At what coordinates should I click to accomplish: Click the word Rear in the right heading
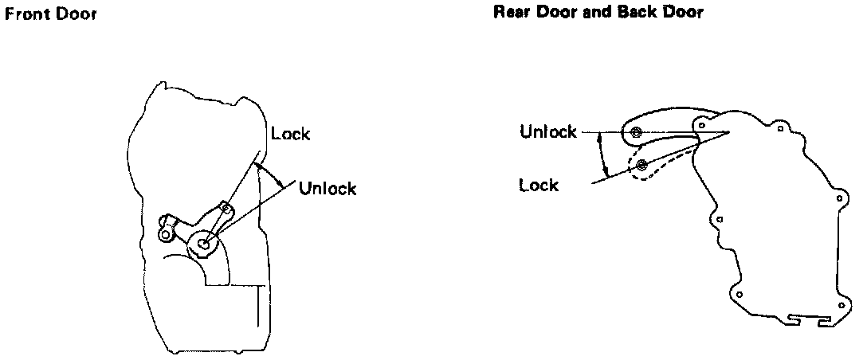point(512,13)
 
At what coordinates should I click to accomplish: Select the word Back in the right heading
point(640,13)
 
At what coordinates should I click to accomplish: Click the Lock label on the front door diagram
point(290,134)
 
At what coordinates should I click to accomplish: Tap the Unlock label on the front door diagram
point(327,189)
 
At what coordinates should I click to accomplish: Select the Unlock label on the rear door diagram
point(547,131)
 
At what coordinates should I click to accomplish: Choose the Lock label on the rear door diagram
point(539,185)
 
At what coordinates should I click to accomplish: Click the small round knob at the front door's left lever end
point(165,234)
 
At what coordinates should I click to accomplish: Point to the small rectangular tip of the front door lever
point(226,209)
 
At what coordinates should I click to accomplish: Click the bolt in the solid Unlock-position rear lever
point(636,132)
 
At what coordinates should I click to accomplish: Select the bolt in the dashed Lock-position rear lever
point(642,166)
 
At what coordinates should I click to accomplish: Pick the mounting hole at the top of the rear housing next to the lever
point(703,126)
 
